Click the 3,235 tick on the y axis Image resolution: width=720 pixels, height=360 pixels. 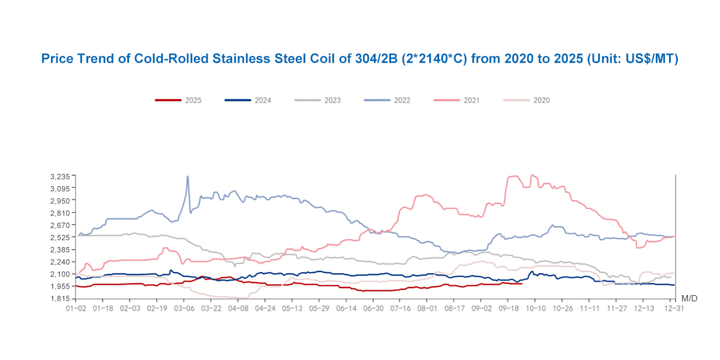59,176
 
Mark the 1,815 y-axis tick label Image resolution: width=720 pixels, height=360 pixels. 59,299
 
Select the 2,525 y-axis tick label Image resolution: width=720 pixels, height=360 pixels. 59,237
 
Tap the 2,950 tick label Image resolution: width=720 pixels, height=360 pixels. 59,200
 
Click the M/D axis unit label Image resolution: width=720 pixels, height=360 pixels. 689,299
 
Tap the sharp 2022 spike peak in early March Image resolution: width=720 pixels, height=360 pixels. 187,177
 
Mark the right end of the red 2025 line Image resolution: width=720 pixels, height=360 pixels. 522,284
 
